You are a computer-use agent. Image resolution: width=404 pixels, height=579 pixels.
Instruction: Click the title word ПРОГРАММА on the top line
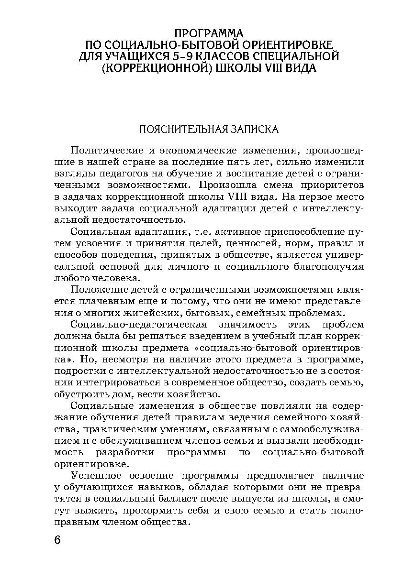[x=209, y=33]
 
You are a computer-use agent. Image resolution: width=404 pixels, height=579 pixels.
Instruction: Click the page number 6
[x=57, y=540]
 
